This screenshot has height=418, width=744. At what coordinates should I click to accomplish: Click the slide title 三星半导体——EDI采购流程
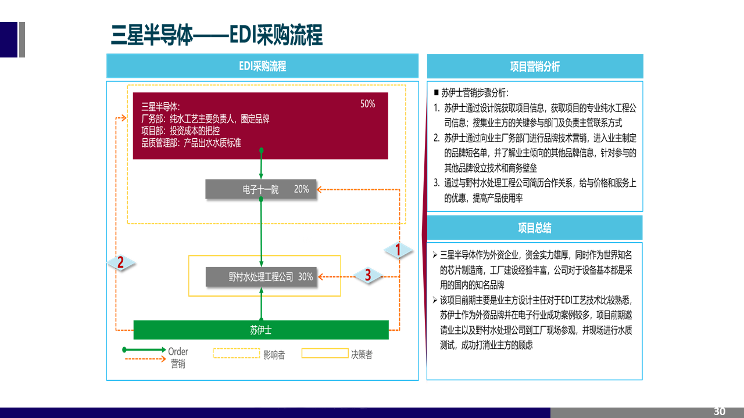point(216,35)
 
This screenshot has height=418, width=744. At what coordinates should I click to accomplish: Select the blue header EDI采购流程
point(262,66)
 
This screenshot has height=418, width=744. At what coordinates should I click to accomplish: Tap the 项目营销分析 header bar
point(535,66)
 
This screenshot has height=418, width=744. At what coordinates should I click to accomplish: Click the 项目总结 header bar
point(535,228)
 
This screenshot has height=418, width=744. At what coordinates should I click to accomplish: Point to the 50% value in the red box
point(367,104)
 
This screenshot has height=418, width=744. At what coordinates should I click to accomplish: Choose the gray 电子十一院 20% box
point(261,189)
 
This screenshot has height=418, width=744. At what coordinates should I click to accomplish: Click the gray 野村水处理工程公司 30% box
point(261,277)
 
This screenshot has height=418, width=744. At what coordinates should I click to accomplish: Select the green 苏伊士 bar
point(261,330)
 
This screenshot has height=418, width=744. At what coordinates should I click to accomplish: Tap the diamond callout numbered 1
point(398,250)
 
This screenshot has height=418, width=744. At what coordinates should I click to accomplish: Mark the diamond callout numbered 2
point(120,262)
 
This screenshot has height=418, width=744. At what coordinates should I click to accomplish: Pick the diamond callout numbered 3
point(367,275)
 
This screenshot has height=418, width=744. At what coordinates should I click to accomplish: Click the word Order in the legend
point(178,351)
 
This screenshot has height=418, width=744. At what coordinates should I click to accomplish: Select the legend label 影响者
point(274,355)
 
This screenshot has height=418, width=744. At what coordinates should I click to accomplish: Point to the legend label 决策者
point(362,355)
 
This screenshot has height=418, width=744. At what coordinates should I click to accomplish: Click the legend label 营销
point(178,364)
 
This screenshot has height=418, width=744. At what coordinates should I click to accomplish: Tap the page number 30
point(719,412)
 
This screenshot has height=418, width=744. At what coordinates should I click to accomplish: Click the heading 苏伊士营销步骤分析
point(474,93)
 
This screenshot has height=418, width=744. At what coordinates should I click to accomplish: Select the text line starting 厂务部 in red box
point(205,118)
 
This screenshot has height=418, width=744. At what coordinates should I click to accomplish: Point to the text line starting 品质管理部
point(191,143)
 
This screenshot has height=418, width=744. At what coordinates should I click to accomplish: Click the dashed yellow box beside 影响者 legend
point(236,353)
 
